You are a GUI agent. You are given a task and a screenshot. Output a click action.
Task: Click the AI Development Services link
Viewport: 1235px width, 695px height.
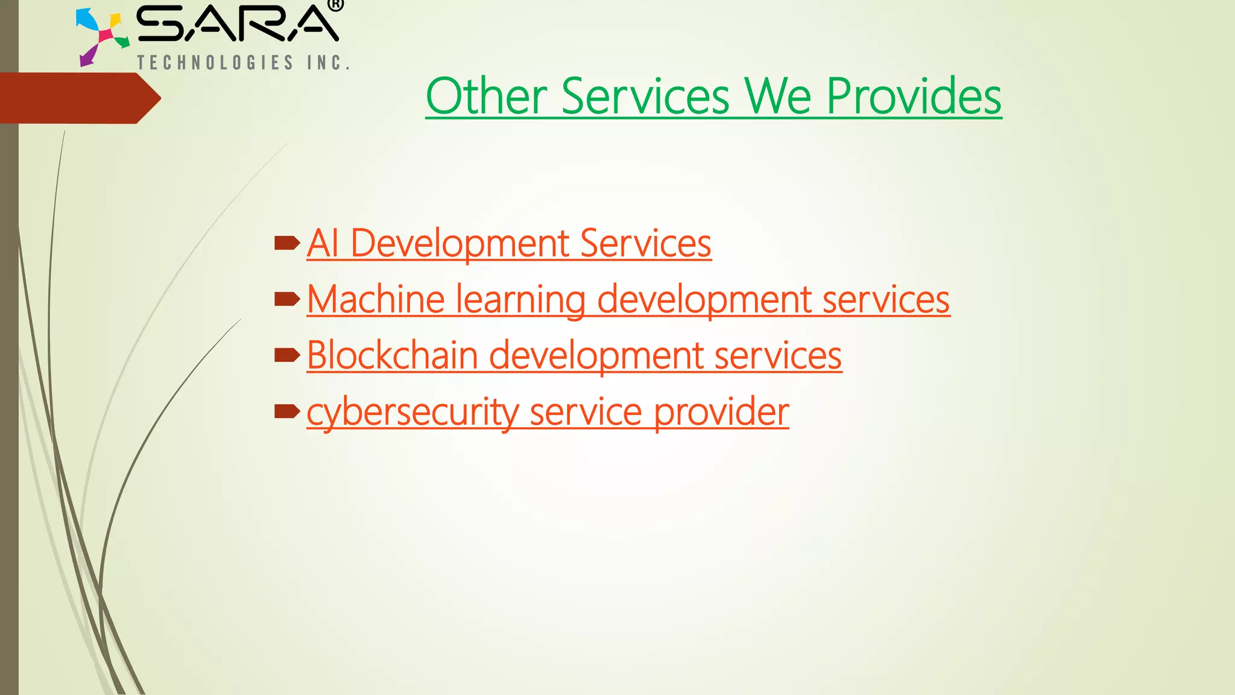click(x=509, y=243)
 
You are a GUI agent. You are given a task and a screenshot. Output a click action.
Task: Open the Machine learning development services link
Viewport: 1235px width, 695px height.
click(x=628, y=299)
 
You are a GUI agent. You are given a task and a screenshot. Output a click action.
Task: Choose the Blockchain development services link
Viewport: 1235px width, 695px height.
click(x=574, y=355)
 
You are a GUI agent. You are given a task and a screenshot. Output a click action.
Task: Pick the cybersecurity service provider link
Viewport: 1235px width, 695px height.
click(x=548, y=412)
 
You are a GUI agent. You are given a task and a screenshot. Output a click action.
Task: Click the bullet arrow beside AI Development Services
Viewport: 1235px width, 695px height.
click(x=287, y=243)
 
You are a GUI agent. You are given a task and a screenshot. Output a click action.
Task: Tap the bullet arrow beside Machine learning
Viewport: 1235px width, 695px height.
click(x=287, y=299)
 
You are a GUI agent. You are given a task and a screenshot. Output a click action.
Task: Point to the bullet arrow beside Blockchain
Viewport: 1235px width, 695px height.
click(x=287, y=355)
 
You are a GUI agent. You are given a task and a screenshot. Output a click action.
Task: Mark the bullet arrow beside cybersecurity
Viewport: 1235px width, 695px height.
click(x=287, y=411)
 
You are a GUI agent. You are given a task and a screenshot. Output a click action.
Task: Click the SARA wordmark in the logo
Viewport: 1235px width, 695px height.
click(x=238, y=24)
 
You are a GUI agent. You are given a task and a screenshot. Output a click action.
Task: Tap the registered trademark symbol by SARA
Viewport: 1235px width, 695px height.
click(x=336, y=5)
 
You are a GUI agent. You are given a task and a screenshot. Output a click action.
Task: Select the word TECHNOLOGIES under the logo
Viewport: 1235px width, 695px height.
click(x=215, y=63)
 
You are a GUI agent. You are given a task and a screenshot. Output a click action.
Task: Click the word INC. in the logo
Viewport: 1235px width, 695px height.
click(x=328, y=63)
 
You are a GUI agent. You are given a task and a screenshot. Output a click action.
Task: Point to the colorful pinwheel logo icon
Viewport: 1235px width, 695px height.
click(x=101, y=36)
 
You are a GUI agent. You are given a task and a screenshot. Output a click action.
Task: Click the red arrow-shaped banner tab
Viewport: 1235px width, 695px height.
click(x=78, y=98)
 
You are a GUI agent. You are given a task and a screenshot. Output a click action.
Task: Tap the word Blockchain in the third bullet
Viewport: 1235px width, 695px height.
click(x=392, y=355)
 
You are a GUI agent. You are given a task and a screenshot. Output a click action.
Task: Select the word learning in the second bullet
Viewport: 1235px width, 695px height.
click(x=520, y=299)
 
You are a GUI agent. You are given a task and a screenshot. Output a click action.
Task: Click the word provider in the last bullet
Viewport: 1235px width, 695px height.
click(x=721, y=412)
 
